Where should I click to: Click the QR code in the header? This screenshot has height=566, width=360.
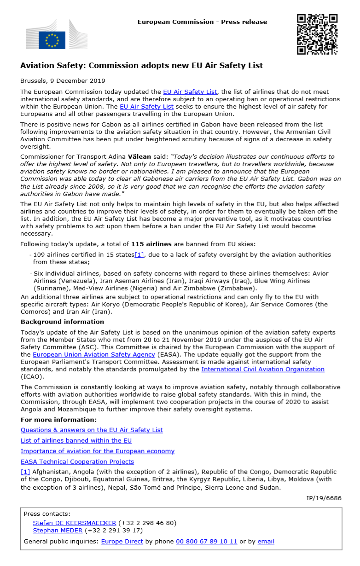[x=317, y=34]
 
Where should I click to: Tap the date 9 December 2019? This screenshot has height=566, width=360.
[x=79, y=81]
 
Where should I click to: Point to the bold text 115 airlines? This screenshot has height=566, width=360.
[x=151, y=244]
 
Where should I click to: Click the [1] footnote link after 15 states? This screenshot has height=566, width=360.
[x=139, y=254]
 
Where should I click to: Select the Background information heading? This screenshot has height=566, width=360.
[x=62, y=322]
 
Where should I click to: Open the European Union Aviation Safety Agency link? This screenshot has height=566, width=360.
[x=93, y=354]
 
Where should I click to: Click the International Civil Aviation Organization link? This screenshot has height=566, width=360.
[x=262, y=369]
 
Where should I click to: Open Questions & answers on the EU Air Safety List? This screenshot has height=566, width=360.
[x=92, y=430]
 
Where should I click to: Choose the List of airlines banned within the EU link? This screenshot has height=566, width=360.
[x=76, y=440]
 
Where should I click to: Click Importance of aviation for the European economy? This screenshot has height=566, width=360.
[x=98, y=451]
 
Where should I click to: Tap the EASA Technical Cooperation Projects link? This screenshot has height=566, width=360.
[x=77, y=462]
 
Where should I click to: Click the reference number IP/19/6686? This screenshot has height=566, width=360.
[x=324, y=498]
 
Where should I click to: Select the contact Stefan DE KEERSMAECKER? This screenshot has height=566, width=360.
[x=75, y=523]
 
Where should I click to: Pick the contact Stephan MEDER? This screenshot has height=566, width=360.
[x=58, y=530]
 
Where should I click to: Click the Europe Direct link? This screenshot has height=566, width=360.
[x=122, y=541]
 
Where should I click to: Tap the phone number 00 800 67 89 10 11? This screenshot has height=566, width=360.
[x=206, y=541]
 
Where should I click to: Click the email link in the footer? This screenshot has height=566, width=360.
[x=266, y=541]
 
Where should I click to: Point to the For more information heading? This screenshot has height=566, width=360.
[x=58, y=420]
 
